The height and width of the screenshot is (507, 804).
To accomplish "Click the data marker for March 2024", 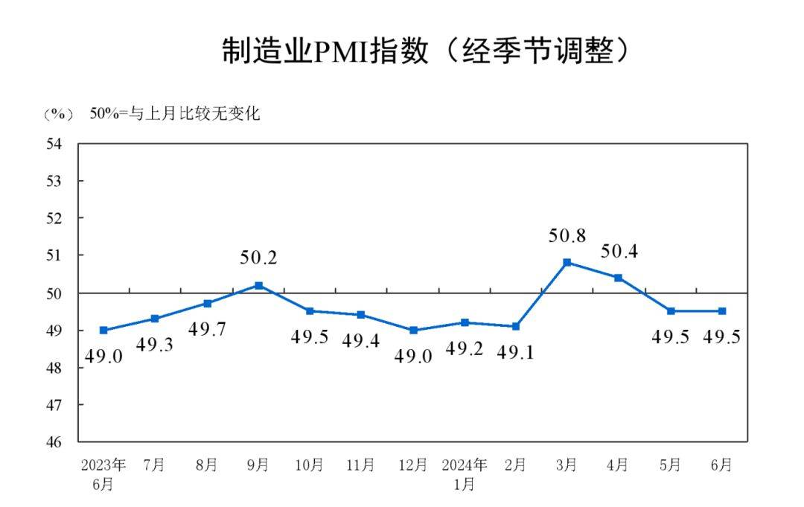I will [x=567, y=262].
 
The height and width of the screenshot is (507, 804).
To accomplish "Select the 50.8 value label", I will [x=567, y=237].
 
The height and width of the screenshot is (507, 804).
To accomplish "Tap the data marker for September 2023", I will [x=258, y=285].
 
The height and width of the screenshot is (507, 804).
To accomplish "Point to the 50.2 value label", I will [x=258, y=258].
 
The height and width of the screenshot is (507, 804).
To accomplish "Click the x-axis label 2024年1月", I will [x=465, y=474].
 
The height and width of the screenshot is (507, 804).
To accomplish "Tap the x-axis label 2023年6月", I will [x=103, y=474].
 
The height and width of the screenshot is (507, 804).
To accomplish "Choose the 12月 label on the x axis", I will [x=412, y=465].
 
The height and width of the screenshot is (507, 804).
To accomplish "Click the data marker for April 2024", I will [x=618, y=278].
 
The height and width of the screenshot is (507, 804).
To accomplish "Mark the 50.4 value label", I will [x=619, y=252].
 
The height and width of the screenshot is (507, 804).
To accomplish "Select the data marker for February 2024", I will [x=515, y=326].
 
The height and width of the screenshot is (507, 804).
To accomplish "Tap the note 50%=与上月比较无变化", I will [x=175, y=115].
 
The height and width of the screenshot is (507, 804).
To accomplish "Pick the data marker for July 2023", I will [x=155, y=319].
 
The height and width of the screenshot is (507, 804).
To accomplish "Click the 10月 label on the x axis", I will [x=310, y=465].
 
